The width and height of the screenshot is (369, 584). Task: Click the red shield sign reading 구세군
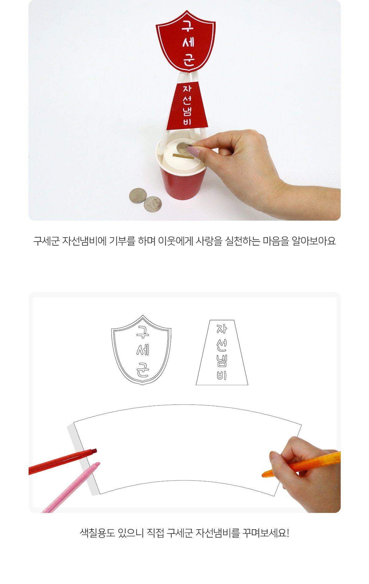tap(186, 41)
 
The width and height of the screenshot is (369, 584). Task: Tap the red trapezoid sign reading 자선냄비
tap(187, 105)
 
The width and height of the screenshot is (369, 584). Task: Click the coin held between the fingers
tap(184, 148)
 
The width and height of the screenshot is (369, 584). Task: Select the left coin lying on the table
tap(138, 196)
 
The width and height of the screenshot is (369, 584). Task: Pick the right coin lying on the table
tap(153, 204)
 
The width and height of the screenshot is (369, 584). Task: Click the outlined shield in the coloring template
tap(141, 350)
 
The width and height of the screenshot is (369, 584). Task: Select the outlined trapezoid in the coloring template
tap(222, 353)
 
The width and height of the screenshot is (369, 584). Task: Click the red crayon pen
tap(62, 462)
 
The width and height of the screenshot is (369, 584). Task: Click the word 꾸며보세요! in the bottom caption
tap(266, 533)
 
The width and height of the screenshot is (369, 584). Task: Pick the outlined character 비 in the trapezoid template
tap(221, 375)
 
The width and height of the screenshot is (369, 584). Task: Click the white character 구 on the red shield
tap(187, 26)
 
